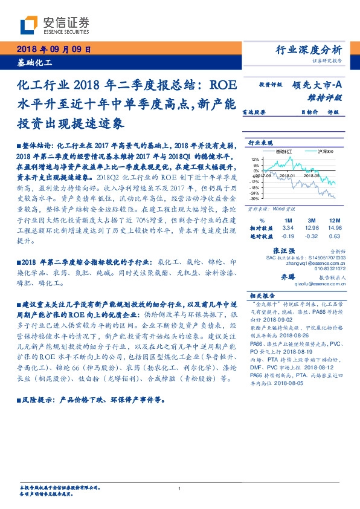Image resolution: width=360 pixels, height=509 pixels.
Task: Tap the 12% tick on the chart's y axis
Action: point(256,160)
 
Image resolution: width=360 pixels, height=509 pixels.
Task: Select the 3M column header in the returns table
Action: point(311,221)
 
